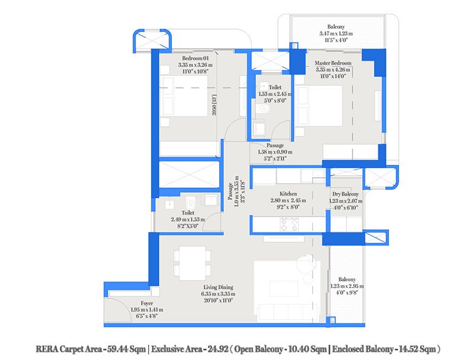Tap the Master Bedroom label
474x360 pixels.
click(333, 63)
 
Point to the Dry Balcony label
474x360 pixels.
click(344, 194)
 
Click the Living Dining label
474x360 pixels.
click(218, 287)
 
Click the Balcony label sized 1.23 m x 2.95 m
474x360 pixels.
click(347, 279)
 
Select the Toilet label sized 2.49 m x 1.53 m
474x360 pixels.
click(188, 212)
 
